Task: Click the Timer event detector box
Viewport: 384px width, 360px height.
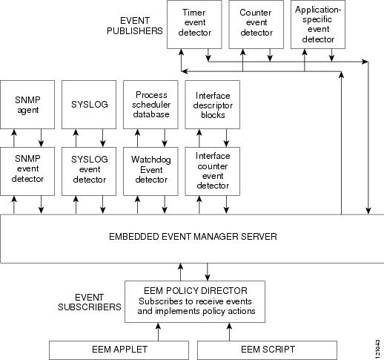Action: tap(194, 24)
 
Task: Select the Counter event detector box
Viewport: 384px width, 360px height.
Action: tap(256, 24)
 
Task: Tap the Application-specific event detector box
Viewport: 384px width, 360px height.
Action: tap(318, 24)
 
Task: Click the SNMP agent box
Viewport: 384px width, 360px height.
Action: tap(27, 105)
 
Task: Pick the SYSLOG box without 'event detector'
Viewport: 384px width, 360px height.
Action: tap(89, 105)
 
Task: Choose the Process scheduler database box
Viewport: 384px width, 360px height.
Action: tap(150, 105)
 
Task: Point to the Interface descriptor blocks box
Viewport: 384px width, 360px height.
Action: tap(213, 105)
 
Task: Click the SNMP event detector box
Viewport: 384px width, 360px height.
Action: tap(27, 171)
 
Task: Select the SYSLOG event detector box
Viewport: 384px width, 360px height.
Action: tap(89, 171)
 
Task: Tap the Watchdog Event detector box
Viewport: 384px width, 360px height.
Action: tap(150, 171)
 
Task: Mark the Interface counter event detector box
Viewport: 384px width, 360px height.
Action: tap(213, 171)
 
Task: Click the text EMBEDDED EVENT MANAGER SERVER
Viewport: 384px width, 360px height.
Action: tap(193, 237)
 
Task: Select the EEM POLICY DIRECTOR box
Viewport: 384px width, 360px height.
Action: tap(195, 301)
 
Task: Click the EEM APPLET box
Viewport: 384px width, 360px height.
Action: tap(119, 350)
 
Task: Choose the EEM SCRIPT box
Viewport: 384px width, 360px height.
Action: tap(267, 350)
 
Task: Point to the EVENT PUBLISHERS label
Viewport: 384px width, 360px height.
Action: tap(135, 26)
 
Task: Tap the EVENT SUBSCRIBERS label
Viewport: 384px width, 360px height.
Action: tap(90, 302)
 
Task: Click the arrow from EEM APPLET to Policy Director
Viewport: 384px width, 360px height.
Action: tap(158, 332)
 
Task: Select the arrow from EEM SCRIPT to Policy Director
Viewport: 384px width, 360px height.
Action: tap(229, 332)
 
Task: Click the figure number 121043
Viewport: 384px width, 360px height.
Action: tap(377, 350)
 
